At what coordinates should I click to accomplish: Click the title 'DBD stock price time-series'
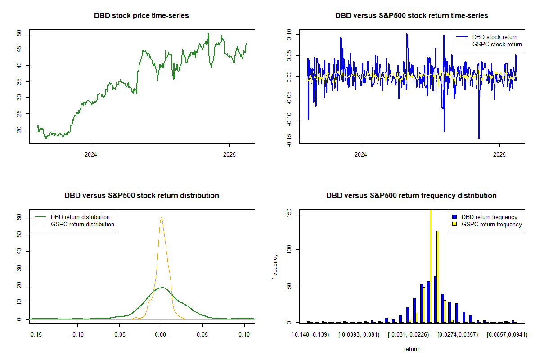point(141,15)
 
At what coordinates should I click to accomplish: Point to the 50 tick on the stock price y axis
point(18,33)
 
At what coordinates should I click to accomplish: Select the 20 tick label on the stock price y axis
point(18,130)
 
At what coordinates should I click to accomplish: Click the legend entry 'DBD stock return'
point(495,37)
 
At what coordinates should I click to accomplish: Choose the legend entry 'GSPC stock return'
point(497,44)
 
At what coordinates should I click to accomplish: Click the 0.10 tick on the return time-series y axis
point(288,34)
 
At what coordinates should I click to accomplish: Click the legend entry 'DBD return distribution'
point(80,217)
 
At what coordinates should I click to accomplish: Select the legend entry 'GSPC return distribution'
point(82,224)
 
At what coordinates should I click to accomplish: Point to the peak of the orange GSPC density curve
point(161,217)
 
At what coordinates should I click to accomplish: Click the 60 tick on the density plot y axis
point(18,217)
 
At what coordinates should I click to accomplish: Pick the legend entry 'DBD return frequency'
point(489,217)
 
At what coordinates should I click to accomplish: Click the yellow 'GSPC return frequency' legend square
point(455,224)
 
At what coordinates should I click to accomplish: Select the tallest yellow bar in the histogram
point(431,265)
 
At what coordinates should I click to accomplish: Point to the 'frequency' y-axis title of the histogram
point(275,266)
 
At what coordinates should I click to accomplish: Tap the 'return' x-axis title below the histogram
point(411,349)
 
